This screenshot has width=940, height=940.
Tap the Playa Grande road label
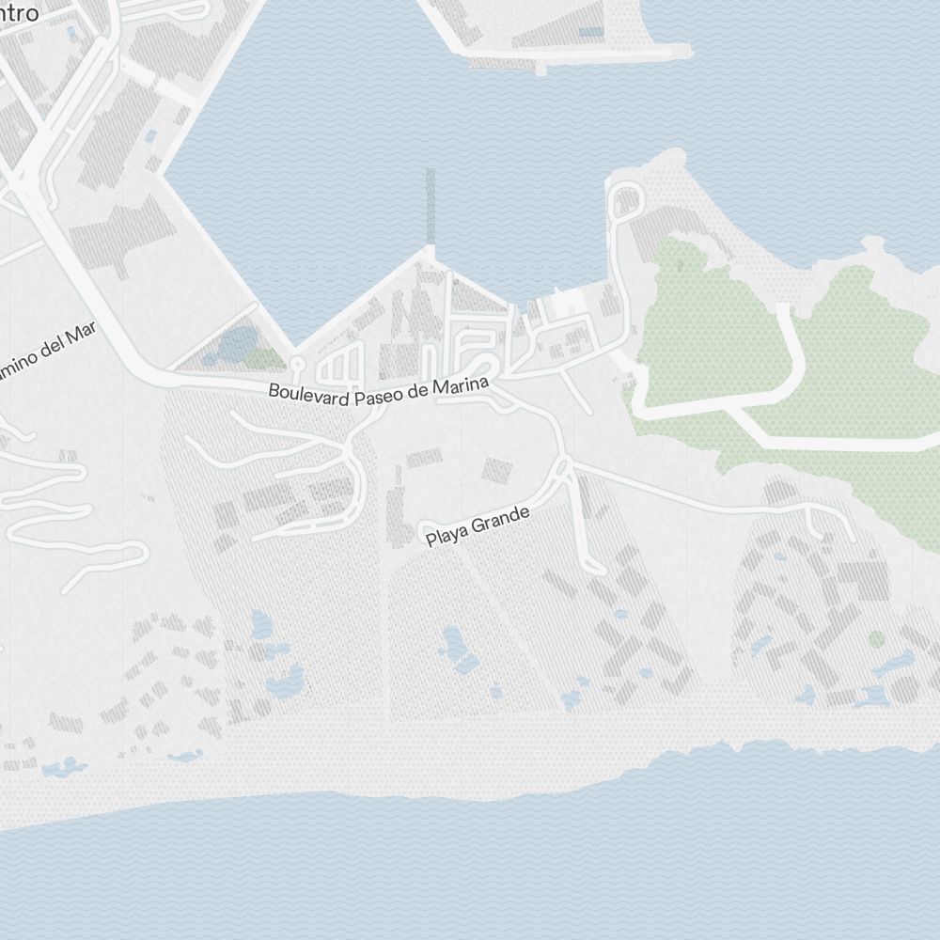[x=478, y=526]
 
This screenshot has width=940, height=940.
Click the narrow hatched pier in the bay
[x=431, y=207]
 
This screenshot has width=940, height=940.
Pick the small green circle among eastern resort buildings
[x=876, y=639]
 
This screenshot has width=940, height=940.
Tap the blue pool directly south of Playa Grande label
[x=456, y=649]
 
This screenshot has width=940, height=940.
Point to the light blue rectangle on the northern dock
[x=591, y=32]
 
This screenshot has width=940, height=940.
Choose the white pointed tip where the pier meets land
[x=430, y=252]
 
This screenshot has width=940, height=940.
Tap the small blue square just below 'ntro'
[x=72, y=34]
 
